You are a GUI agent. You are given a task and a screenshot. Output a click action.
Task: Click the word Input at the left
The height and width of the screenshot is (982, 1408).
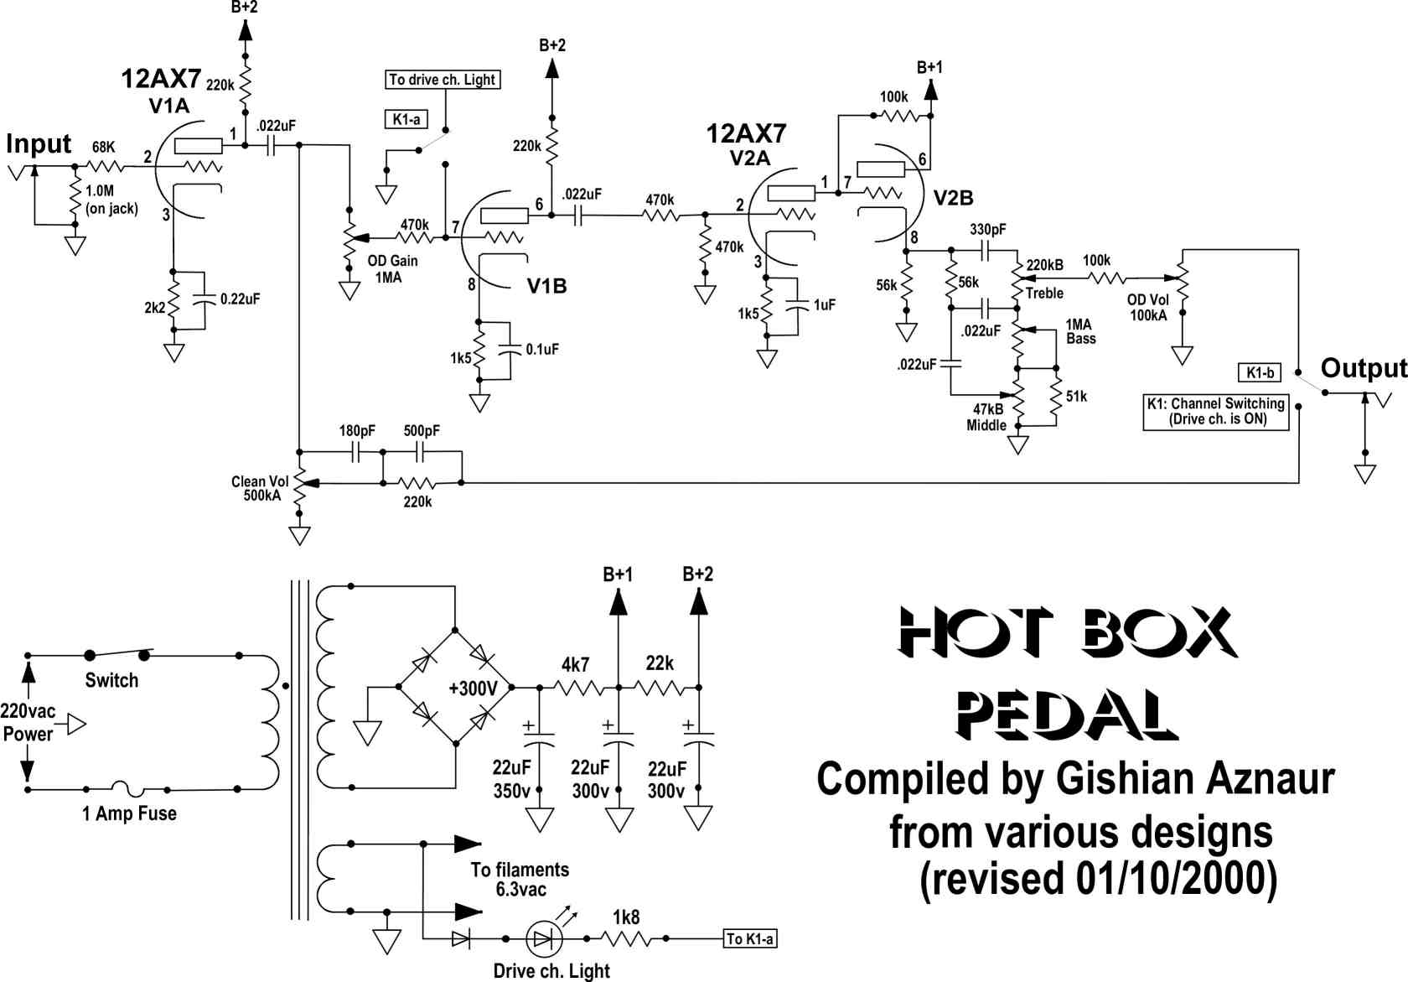pyautogui.click(x=39, y=144)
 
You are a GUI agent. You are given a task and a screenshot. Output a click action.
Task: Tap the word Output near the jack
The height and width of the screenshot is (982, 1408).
pyautogui.click(x=1364, y=368)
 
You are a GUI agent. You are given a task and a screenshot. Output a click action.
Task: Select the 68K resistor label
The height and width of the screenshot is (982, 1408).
pyautogui.click(x=104, y=148)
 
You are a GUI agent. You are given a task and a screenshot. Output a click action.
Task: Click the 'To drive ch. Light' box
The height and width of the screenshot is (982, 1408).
pyautogui.click(x=443, y=80)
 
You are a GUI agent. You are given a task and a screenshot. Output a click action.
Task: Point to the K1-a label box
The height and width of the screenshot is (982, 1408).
pyautogui.click(x=406, y=120)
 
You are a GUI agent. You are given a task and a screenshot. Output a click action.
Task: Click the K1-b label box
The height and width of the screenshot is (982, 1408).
pyautogui.click(x=1260, y=372)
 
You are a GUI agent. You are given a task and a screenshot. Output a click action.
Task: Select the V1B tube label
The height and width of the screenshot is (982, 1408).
pyautogui.click(x=546, y=286)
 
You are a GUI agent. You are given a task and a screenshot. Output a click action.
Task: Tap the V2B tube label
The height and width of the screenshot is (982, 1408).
pyautogui.click(x=953, y=198)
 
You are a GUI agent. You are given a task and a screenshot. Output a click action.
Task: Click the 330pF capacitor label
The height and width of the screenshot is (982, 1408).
pyautogui.click(x=987, y=230)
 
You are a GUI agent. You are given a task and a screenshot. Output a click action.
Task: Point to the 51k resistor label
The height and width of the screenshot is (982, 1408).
pyautogui.click(x=1076, y=397)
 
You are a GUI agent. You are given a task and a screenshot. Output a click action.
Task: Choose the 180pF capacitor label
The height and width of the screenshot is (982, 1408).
pyautogui.click(x=357, y=431)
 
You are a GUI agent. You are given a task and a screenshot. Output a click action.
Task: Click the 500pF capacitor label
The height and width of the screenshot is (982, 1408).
pyautogui.click(x=421, y=431)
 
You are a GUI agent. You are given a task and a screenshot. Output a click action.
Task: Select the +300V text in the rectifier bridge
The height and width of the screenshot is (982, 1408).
pyautogui.click(x=473, y=688)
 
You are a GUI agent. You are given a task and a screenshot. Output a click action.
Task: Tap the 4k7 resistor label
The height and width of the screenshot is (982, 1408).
pyautogui.click(x=575, y=664)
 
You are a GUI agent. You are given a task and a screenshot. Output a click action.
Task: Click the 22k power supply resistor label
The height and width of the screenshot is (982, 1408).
pyautogui.click(x=660, y=663)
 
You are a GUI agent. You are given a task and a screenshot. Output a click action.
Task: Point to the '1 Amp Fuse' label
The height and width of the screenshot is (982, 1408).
pyautogui.click(x=129, y=813)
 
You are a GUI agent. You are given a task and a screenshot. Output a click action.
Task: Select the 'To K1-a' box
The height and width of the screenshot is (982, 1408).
pyautogui.click(x=750, y=939)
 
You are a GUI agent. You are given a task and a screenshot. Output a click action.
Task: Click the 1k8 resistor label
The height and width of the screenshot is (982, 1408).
pyautogui.click(x=626, y=917)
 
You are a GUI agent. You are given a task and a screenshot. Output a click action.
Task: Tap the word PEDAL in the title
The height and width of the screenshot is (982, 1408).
pyautogui.click(x=1067, y=715)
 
